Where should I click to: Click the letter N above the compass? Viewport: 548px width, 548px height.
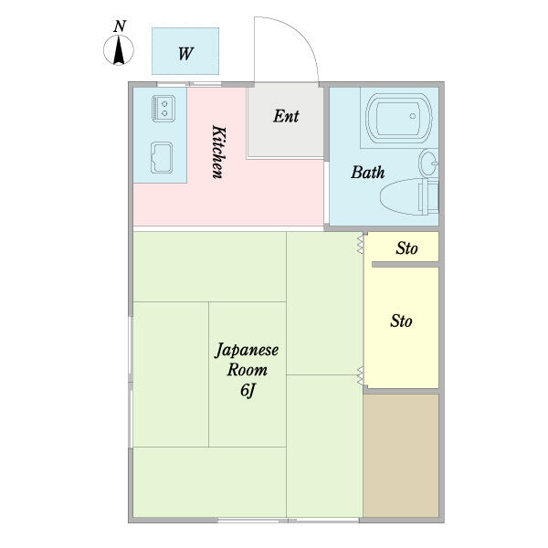120,26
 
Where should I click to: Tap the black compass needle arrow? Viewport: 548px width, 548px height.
119,50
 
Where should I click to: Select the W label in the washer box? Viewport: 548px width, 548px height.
185,54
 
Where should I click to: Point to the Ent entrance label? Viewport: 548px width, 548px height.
286,116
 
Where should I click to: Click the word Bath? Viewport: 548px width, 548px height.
368,173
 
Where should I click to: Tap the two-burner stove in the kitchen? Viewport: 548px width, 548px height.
163,109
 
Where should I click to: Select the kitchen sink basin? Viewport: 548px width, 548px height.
162,158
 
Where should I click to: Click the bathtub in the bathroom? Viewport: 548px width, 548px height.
399,118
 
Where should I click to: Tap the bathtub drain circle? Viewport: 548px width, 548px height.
413,116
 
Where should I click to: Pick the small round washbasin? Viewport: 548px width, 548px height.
428,163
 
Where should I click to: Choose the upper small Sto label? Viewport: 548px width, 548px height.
406,248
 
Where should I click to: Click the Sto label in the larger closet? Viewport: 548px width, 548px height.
401,321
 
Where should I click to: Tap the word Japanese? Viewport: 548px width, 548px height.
247,350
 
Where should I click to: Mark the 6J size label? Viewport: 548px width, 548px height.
247,391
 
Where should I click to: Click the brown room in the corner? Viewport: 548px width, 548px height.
401,456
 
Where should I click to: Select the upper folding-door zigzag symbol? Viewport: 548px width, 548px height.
360,244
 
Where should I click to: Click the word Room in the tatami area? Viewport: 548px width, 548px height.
248,370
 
